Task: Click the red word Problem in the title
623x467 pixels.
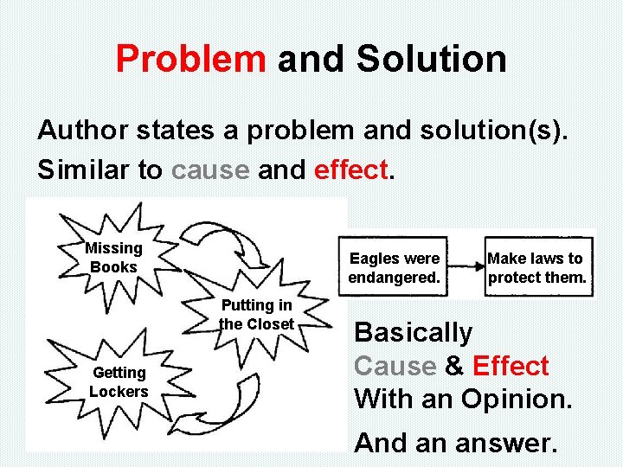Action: click(190, 60)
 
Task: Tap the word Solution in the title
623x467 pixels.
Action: click(431, 60)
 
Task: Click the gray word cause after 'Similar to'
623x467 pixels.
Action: click(210, 170)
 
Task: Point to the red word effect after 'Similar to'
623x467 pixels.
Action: click(350, 170)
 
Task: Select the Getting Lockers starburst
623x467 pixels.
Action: click(119, 381)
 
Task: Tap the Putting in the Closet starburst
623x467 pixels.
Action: click(257, 315)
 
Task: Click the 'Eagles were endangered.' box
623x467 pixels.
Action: click(394, 268)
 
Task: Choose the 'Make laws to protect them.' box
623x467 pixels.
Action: click(536, 268)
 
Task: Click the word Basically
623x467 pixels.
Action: click(414, 333)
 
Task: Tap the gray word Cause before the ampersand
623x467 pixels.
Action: click(395, 367)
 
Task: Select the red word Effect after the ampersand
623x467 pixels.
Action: click(511, 367)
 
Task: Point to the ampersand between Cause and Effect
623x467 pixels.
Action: click(454, 367)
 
